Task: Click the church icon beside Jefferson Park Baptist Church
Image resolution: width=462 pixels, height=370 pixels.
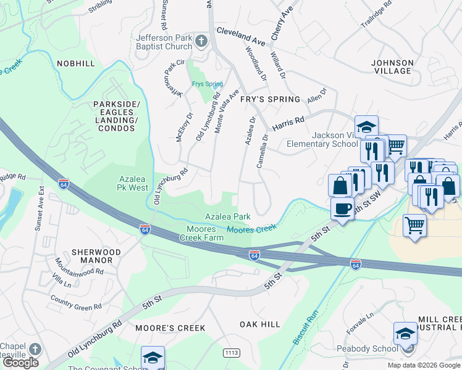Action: [201, 42]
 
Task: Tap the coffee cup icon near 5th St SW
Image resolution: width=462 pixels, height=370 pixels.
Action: [342, 208]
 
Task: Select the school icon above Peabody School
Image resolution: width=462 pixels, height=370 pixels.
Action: [405, 334]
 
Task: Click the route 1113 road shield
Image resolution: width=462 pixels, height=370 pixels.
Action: [232, 353]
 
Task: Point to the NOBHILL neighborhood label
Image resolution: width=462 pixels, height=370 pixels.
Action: [75, 64]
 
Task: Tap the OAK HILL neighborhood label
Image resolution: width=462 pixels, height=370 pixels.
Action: [259, 324]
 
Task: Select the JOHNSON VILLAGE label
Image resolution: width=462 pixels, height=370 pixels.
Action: [392, 67]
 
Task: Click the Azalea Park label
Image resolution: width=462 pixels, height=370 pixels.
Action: [228, 216]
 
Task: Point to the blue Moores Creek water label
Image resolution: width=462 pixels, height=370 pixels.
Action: [251, 229]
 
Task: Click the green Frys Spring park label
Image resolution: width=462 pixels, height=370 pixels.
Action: [206, 84]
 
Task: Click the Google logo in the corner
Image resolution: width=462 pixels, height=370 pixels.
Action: [21, 363]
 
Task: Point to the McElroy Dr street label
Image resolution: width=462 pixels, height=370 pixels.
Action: [184, 126]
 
